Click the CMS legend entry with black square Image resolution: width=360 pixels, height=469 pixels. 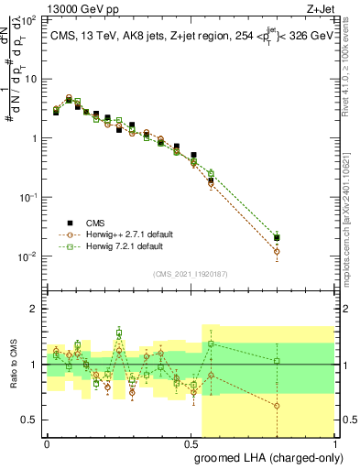[x=89, y=223]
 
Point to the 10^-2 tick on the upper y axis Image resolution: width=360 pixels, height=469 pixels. [x=27, y=256]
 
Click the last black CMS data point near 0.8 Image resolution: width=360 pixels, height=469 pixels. [x=277, y=238]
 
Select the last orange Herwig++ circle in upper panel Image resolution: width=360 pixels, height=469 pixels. [x=277, y=251]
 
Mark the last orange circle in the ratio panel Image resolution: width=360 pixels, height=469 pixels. [x=277, y=406]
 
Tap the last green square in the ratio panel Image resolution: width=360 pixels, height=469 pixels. [x=277, y=361]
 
